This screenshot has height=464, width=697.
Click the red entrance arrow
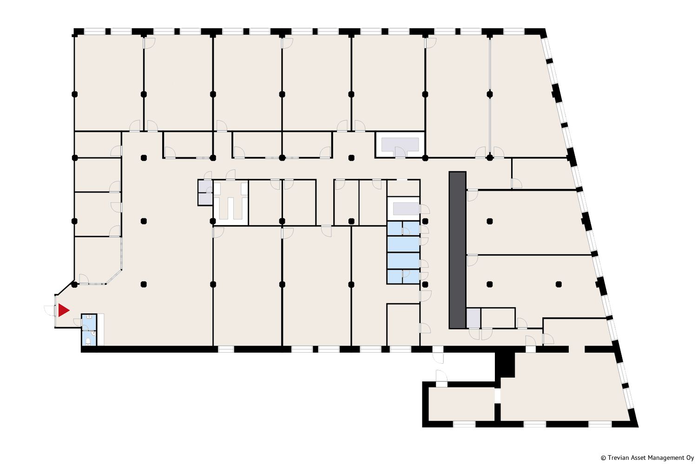click(x=63, y=310)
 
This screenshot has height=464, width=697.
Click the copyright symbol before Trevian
click(x=603, y=458)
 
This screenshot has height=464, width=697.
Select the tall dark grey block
click(x=457, y=250)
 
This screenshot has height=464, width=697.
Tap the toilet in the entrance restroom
click(x=88, y=341)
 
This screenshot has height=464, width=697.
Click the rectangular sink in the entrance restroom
click(x=89, y=317)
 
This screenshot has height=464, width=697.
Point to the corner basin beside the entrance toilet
click(x=93, y=333)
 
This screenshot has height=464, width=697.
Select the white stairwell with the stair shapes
click(x=230, y=202)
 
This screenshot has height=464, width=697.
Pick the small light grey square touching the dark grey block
click(x=473, y=318)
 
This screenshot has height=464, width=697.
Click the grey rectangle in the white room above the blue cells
click(x=406, y=209)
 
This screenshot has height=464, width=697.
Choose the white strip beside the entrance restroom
click(x=100, y=329)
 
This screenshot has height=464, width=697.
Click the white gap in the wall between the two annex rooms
click(x=498, y=396)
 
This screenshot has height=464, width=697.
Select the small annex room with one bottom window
click(x=461, y=404)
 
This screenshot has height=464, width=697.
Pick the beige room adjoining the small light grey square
click(x=498, y=318)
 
